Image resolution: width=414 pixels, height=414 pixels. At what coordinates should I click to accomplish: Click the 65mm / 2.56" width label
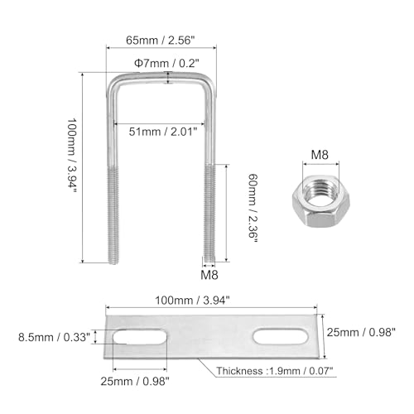[x=161, y=41]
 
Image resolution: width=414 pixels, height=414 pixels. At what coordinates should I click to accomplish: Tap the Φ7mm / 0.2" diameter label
[x=166, y=63]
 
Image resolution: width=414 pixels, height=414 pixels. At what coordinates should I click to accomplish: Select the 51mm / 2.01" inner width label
[x=163, y=132]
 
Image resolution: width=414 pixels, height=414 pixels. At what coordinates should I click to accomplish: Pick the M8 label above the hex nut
[x=320, y=155]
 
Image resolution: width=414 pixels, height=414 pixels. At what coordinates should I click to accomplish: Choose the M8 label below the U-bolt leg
[x=209, y=275]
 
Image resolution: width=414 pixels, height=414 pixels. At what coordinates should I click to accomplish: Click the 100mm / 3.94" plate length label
[x=192, y=301]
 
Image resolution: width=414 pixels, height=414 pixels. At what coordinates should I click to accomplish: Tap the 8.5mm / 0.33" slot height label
[x=54, y=337]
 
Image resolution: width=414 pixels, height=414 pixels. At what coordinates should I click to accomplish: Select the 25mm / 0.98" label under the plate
[x=135, y=382]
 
